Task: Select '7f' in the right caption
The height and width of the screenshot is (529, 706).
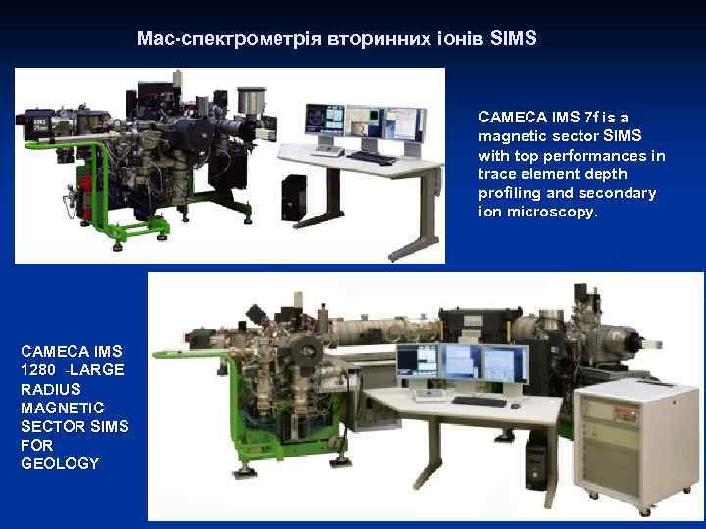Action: pyautogui.click(x=592, y=118)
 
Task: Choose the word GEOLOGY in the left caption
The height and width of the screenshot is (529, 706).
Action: pyautogui.click(x=60, y=463)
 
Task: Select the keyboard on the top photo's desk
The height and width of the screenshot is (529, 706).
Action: pyautogui.click(x=373, y=157)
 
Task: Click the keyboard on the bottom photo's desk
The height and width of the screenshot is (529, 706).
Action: pyautogui.click(x=480, y=401)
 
